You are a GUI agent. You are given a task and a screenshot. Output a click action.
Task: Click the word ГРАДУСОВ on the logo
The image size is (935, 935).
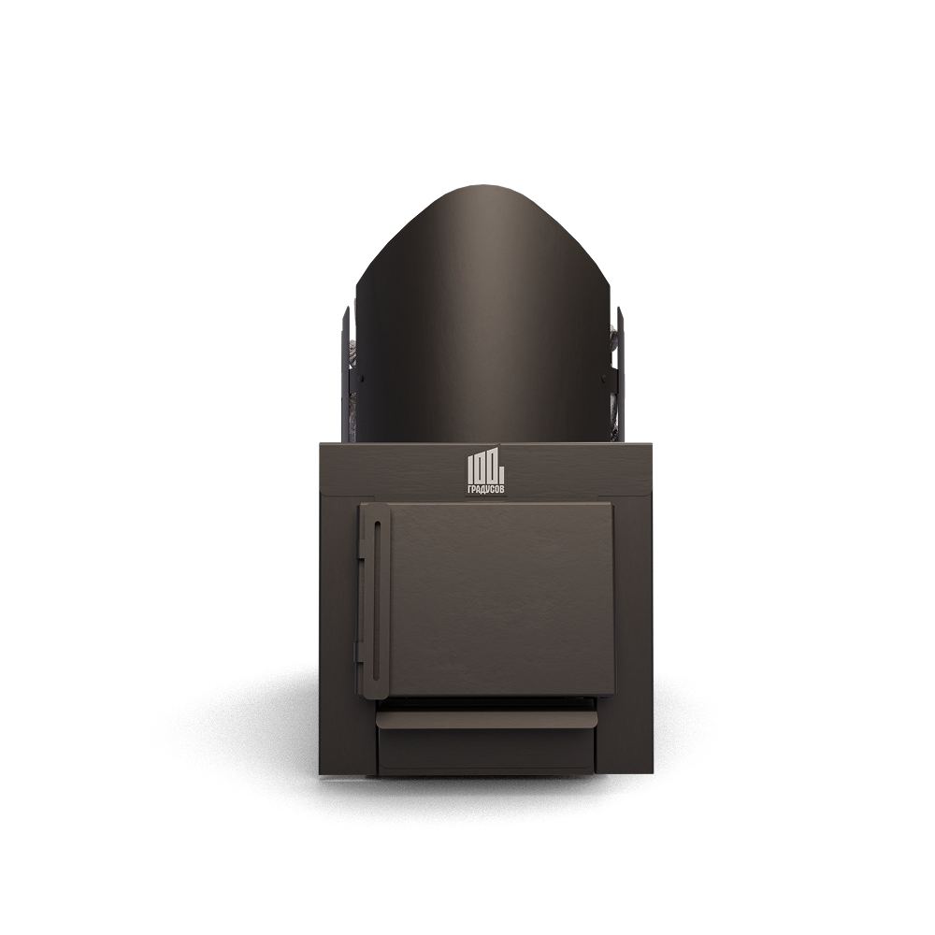point(486,489)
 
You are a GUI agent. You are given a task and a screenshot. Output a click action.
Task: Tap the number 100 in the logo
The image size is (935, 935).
point(484,469)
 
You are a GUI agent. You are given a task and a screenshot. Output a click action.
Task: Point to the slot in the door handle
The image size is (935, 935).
point(375,600)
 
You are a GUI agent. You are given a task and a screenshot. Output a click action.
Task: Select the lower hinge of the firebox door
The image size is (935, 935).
point(360,652)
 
